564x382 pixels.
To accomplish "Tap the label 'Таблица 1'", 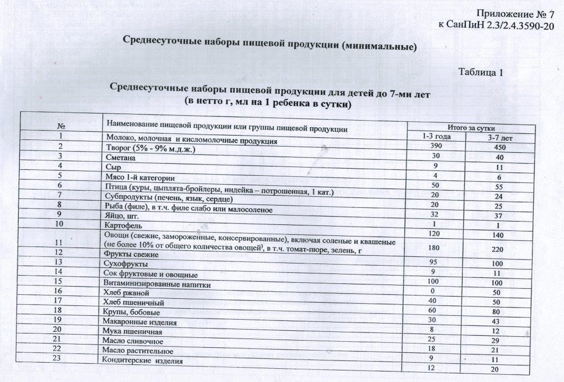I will click(481, 72).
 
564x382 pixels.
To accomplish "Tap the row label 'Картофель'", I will click(121, 226).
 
